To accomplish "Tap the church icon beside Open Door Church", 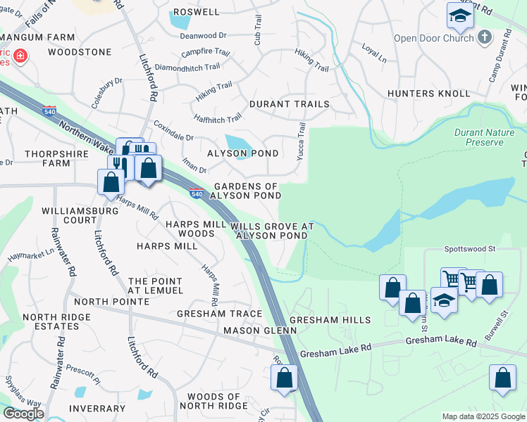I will pos(484,37).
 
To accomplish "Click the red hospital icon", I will pos(19,55).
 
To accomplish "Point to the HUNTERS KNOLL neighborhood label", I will pos(428,94).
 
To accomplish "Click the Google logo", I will pos(23,414).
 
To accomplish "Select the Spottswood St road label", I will pos(471,248).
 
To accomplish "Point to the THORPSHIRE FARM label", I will pos(47,158).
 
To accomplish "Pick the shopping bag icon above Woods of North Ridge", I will pos(284,378).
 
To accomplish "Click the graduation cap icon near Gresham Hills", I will pos(444,300).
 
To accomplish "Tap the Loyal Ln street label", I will pos(374,56).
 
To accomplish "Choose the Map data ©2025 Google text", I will pos(483,416).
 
